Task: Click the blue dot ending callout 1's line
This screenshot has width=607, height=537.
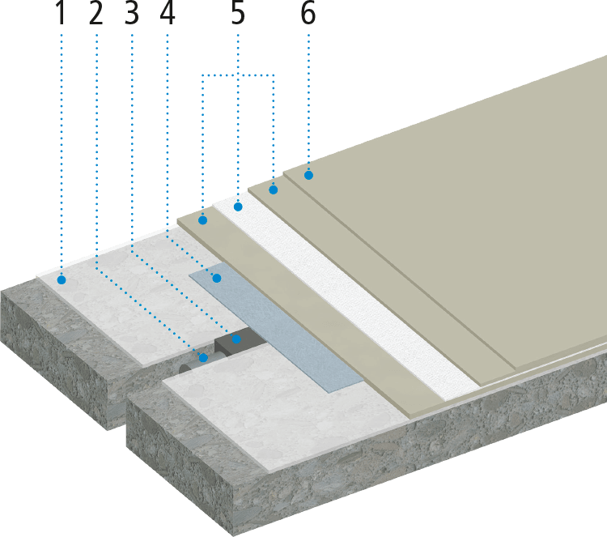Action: point(62,280)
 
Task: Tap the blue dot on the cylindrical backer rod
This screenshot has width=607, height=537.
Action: point(203,356)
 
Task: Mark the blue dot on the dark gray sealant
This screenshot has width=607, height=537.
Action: point(236,339)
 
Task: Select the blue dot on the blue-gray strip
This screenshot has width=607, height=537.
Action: point(217,279)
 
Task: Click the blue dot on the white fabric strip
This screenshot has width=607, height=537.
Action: point(239,207)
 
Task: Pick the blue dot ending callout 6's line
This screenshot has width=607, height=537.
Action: point(308,174)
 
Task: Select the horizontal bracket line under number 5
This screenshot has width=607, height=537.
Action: point(239,75)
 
